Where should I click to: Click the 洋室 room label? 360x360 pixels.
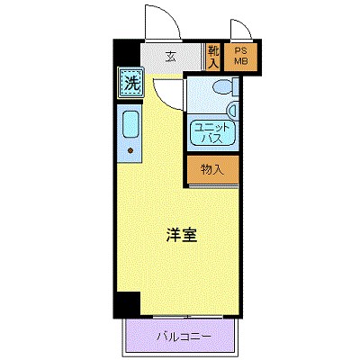(181, 237)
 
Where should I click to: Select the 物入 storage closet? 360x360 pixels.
(213, 168)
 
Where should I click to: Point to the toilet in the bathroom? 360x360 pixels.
(220, 88)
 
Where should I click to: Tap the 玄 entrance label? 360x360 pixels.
(169, 56)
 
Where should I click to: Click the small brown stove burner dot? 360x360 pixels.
(130, 149)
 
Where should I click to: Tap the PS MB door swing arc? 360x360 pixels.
(240, 31)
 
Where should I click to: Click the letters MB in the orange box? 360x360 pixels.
(241, 62)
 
